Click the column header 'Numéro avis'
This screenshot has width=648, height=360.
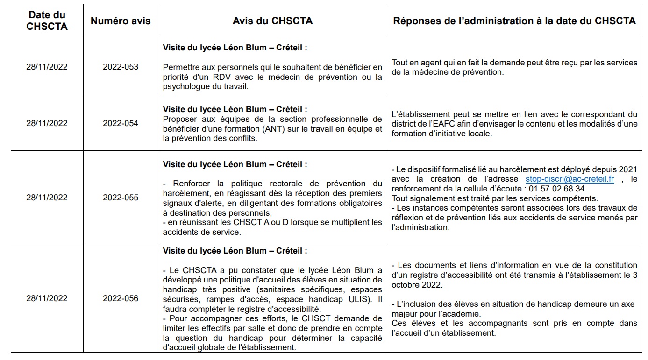coord(121,21)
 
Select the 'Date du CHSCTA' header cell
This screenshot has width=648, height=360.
coord(47,21)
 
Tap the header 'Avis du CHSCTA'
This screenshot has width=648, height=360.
coord(272,21)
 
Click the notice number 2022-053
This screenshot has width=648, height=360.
coord(121,67)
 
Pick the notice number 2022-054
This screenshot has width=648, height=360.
coord(121,123)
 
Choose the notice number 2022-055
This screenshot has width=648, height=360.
coord(121,198)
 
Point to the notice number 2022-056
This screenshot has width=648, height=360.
coord(121,298)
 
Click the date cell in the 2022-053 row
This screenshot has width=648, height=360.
coord(47,67)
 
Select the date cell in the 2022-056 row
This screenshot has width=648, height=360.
coord(47,298)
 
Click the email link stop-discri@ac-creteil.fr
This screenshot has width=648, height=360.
coord(570,179)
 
